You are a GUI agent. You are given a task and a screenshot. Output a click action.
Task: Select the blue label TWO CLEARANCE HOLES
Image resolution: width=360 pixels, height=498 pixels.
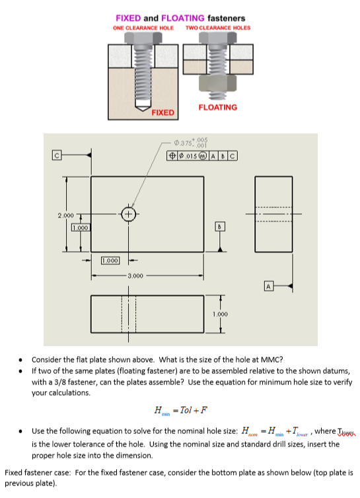[x=218, y=28]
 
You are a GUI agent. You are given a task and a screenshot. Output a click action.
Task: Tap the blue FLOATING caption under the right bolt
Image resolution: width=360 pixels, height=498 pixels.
[x=217, y=107]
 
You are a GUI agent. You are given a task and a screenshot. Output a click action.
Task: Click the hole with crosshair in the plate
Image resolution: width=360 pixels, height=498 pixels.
[x=129, y=214]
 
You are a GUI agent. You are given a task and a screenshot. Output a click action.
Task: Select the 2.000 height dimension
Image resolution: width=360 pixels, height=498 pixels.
[x=64, y=216]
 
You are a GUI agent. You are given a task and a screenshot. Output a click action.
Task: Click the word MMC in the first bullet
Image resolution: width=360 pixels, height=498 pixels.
[x=271, y=360]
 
